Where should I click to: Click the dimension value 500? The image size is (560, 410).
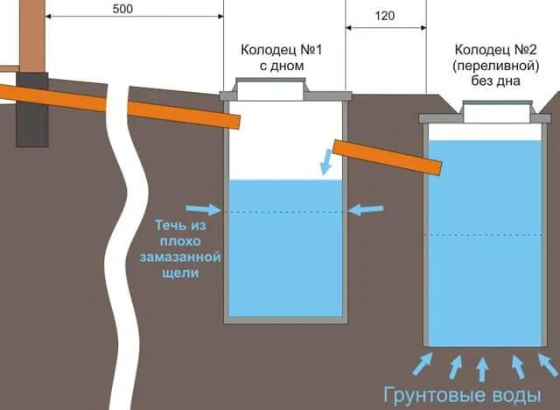click(x=122, y=9)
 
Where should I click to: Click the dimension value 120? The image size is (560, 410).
click(x=385, y=16)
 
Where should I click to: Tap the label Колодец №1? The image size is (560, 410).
click(x=282, y=50)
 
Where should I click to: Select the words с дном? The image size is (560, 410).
click(x=282, y=66)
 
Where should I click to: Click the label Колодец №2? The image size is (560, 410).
click(x=495, y=50)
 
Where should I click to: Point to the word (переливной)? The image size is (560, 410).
click(x=496, y=66)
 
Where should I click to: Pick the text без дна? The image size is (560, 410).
click(x=495, y=81)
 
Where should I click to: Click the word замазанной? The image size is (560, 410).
click(x=180, y=258)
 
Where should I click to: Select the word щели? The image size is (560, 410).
click(x=180, y=273)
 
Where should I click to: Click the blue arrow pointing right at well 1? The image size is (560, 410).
click(x=204, y=209)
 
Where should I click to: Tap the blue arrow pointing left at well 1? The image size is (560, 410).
click(x=366, y=209)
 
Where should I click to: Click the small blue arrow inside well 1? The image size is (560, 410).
click(x=325, y=162)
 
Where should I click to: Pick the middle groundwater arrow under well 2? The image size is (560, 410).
click(x=482, y=369)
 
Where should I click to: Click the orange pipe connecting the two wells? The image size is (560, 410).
click(x=387, y=158)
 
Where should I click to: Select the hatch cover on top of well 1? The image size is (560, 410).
click(x=270, y=89)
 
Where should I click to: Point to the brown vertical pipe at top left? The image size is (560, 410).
click(x=32, y=36)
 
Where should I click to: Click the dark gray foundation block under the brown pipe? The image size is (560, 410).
click(x=32, y=110)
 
